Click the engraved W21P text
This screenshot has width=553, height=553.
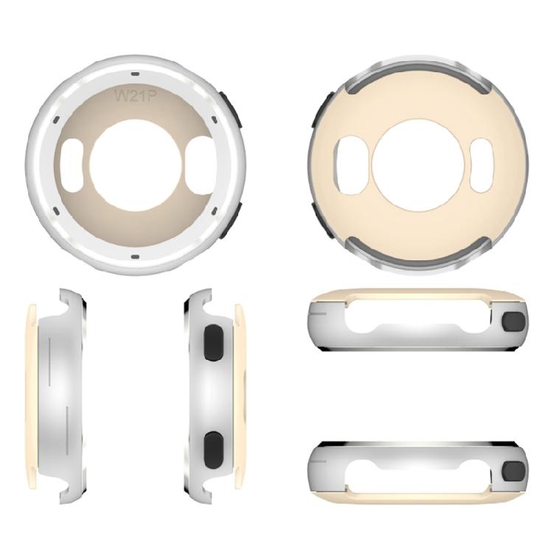pyautogui.click(x=135, y=95)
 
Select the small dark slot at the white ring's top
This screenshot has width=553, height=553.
pyautogui.click(x=135, y=74)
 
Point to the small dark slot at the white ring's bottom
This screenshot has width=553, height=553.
pyautogui.click(x=135, y=256)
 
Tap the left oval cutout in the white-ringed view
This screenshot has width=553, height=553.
pyautogui.click(x=72, y=165)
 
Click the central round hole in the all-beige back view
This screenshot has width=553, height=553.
pyautogui.click(x=417, y=166)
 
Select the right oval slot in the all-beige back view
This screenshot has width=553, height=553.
pyautogui.click(x=482, y=166)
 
